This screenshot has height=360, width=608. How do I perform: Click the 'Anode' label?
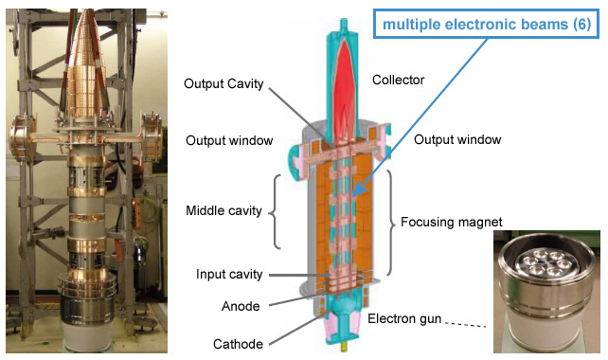pyautogui.click(x=240, y=306)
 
